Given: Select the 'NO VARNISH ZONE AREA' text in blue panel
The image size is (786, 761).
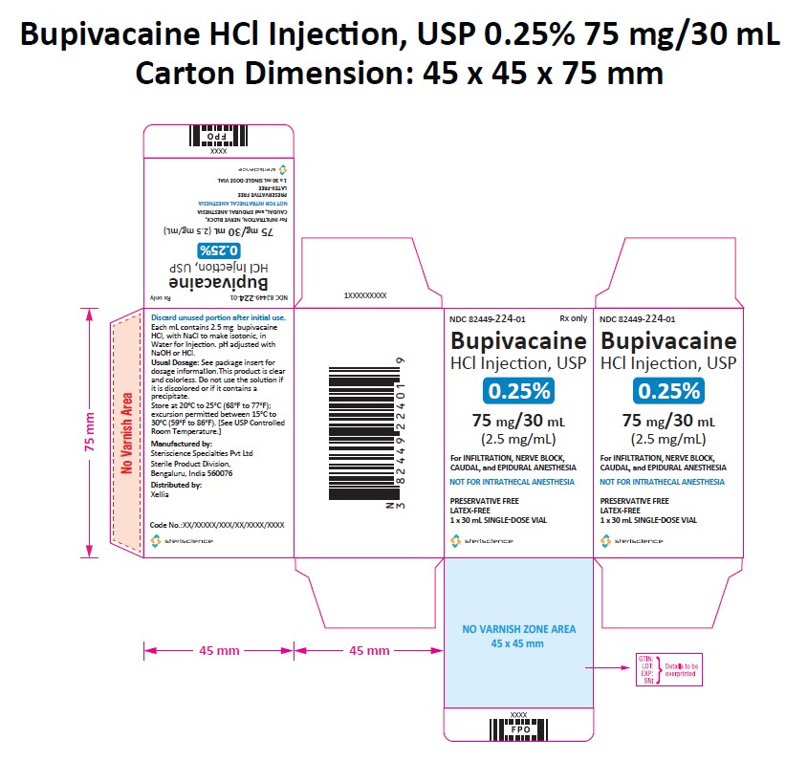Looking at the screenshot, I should pos(519,630).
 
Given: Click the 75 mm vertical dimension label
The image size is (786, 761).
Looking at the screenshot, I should pos(90,433).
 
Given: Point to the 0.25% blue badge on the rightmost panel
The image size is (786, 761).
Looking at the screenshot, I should pos(668,390).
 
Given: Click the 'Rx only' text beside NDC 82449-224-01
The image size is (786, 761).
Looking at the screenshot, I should pos(572,319).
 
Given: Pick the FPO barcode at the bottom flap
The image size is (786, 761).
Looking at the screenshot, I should pos(518,728).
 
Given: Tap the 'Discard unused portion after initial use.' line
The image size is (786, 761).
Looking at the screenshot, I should pos(218,317).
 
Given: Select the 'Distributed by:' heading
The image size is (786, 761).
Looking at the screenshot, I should pos(176,485).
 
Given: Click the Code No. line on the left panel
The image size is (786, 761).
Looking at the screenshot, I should pos(218,525).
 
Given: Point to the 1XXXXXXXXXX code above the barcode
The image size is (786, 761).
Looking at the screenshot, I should pos(364,297).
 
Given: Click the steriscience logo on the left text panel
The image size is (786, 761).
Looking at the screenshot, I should pos(182,542).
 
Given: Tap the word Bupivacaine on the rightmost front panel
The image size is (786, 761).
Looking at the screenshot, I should pos(667,340).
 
